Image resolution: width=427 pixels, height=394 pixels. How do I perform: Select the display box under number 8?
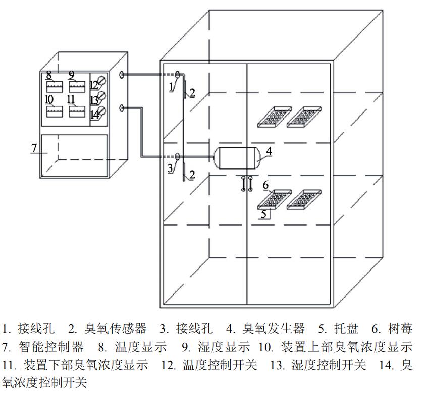point(54,86)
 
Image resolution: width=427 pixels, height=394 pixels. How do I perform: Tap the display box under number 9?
point(76,86)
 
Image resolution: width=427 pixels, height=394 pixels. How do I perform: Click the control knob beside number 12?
point(102,81)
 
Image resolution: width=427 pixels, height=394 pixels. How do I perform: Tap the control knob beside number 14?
point(102,111)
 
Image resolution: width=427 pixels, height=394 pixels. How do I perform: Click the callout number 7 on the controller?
point(34,147)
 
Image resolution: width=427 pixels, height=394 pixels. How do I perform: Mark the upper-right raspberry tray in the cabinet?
point(304,117)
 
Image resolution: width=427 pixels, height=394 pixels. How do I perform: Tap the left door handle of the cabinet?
point(243,184)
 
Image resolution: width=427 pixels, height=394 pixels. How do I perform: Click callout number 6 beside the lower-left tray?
point(265,185)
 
